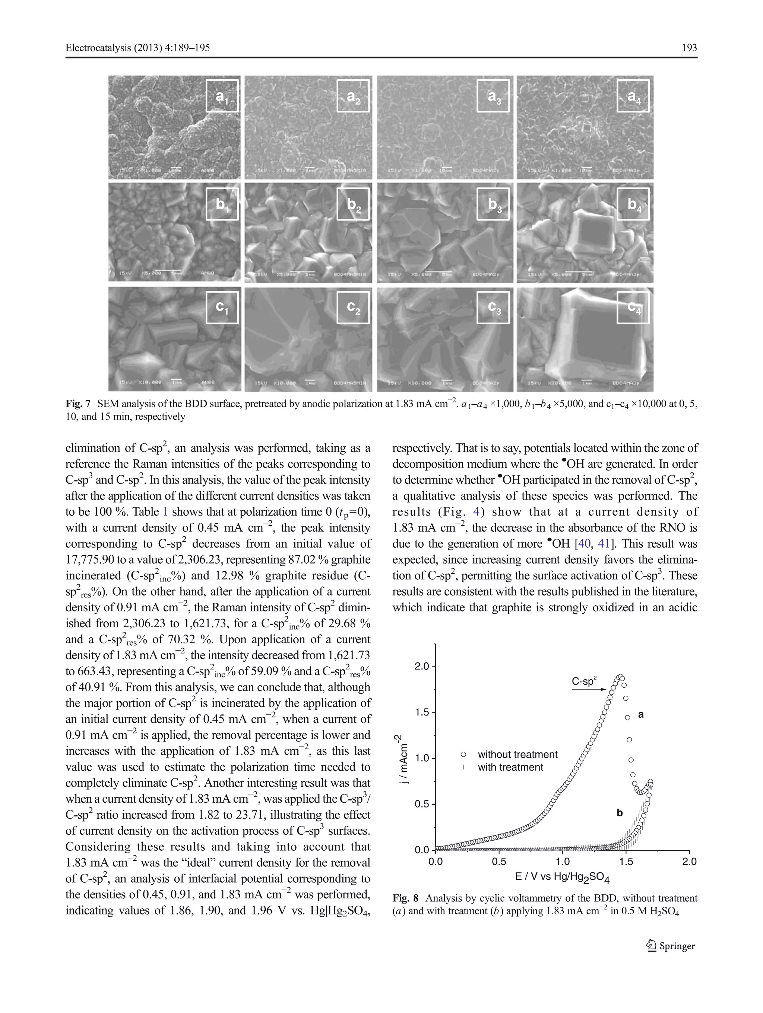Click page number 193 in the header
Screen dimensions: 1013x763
point(689,48)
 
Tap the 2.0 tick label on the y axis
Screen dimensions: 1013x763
point(421,666)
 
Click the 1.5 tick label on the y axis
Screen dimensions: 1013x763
point(421,713)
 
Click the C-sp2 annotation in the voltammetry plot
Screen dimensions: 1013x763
point(584,681)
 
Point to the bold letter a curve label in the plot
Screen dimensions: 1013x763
point(641,714)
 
